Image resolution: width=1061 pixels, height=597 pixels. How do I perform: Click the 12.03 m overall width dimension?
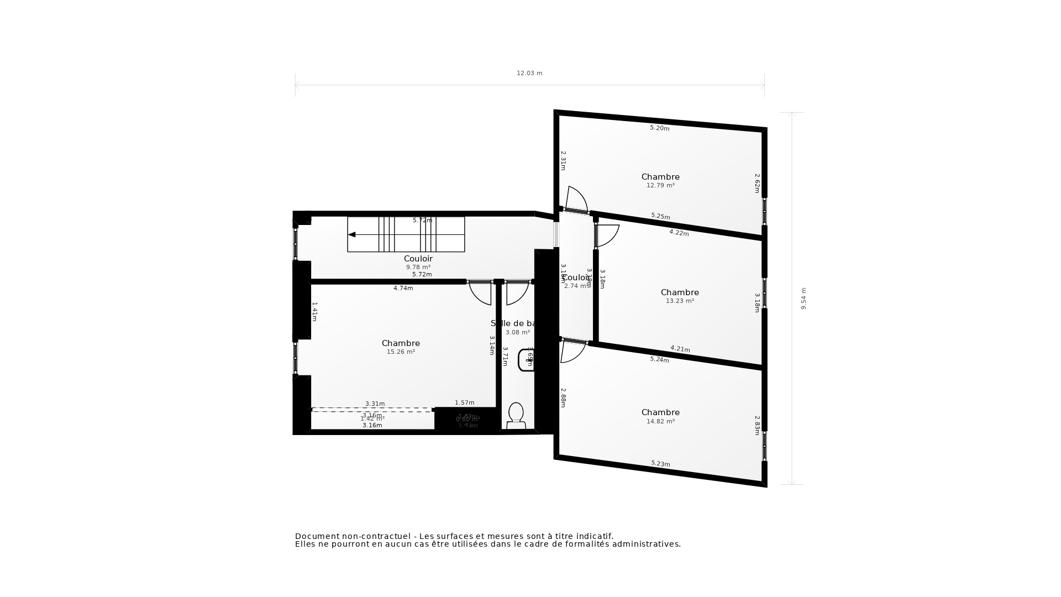pos(529,73)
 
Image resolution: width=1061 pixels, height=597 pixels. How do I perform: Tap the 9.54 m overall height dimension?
pos(803,298)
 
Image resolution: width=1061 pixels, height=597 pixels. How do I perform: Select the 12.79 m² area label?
pos(660,186)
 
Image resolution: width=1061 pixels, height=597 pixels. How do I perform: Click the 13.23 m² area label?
pos(680,301)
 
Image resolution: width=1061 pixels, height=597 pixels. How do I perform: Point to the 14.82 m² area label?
pos(660,421)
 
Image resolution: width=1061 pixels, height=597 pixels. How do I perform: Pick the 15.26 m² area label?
pos(401,352)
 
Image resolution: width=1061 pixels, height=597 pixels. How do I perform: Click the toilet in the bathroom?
pos(516,415)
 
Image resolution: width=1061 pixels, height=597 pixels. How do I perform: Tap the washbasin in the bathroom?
pos(526,360)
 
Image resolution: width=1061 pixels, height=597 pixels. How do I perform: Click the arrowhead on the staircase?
pos(352,234)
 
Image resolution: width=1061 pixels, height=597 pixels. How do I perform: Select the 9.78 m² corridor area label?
pos(418,267)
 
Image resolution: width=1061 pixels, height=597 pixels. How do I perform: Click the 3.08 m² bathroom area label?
pos(518,332)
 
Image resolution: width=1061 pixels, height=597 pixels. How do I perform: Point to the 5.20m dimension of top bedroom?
pos(659,128)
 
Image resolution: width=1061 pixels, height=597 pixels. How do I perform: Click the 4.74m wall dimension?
pos(403,288)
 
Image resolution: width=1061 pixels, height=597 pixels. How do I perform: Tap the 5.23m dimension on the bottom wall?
pos(660,463)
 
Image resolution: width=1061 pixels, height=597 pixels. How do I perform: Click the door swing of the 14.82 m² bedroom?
pos(571,352)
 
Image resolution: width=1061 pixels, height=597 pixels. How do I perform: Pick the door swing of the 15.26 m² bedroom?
pos(480,293)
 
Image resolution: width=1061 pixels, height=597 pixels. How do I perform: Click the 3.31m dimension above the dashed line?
pos(375,404)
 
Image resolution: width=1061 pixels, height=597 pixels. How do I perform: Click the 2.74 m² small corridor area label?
pos(575,286)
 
